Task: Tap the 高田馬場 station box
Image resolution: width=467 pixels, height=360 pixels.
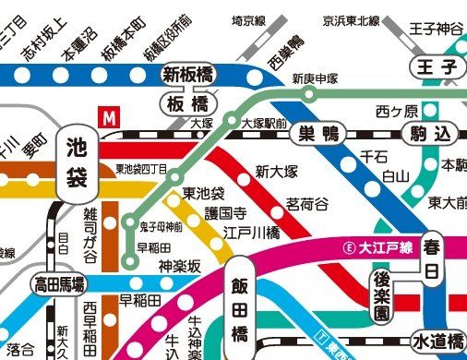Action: tap(59, 282)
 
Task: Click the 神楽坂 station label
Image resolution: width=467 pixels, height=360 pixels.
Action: tap(179, 266)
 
